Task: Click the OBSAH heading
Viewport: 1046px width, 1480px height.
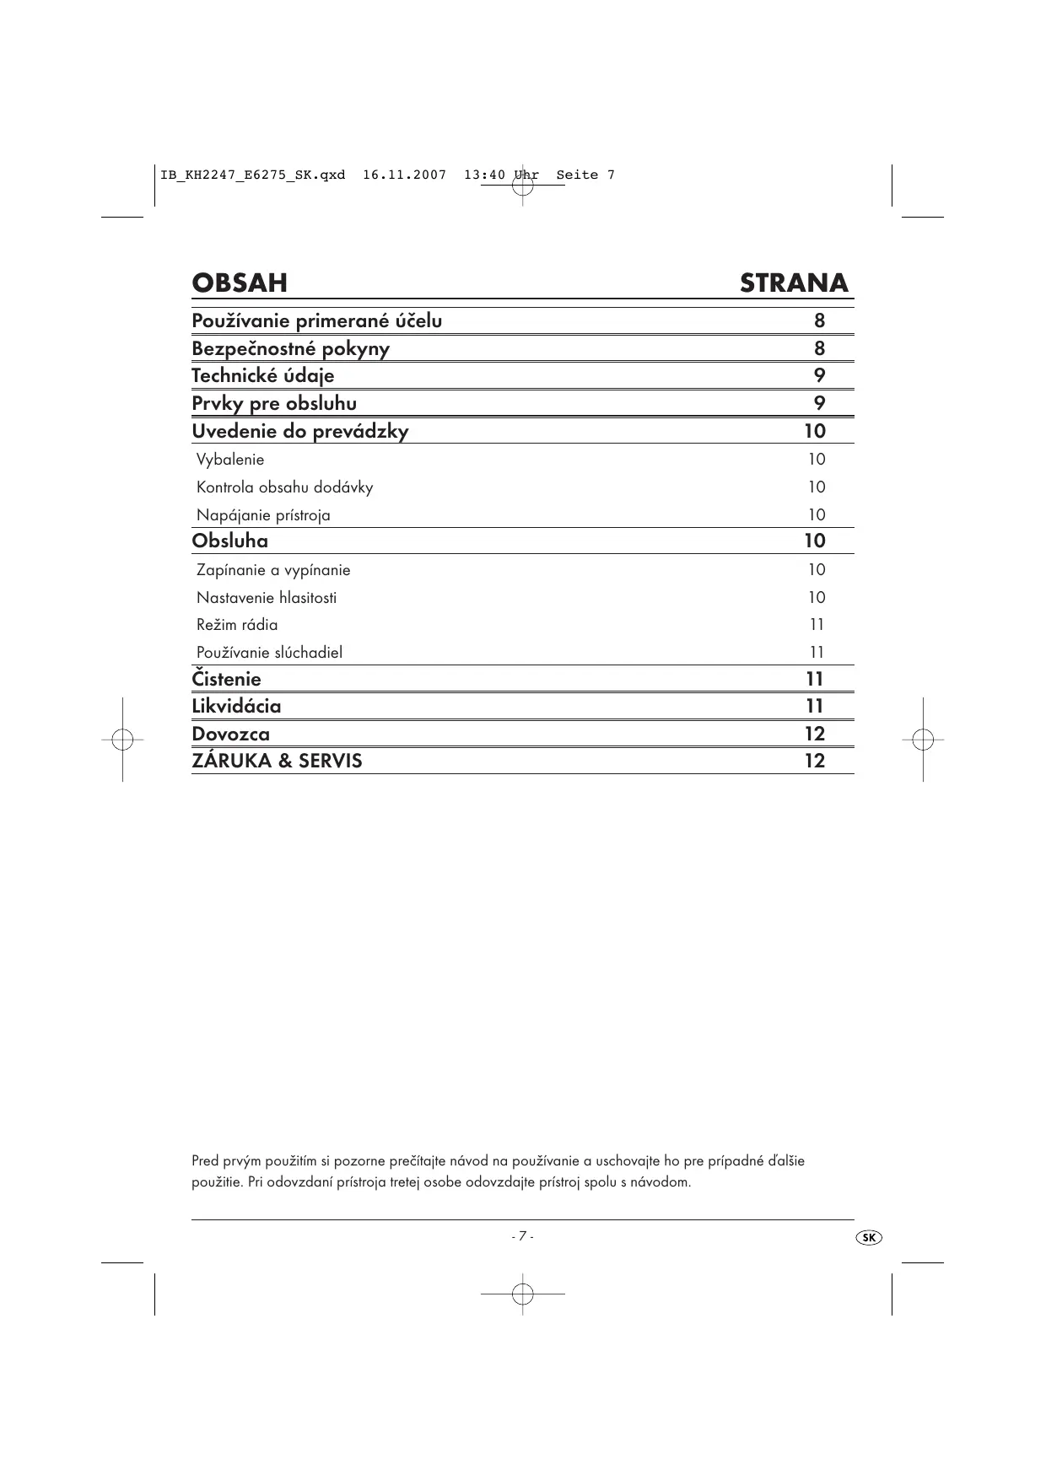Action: (240, 283)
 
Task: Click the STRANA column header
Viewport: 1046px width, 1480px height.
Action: (794, 283)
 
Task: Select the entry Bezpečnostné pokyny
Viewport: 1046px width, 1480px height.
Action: (290, 348)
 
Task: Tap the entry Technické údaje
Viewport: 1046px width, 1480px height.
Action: (262, 375)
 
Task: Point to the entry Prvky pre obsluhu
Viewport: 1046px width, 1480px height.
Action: (274, 403)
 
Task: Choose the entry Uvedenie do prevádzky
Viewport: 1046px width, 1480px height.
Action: (299, 431)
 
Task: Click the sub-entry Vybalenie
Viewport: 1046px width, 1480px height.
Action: (230, 460)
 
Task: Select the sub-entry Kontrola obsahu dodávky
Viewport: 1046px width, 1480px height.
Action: (284, 487)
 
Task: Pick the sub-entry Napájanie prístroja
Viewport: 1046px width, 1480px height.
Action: (263, 515)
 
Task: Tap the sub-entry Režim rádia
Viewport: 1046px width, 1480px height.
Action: (237, 625)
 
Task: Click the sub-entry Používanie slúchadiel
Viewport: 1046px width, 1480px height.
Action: (269, 653)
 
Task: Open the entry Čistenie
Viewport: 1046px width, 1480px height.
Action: (226, 679)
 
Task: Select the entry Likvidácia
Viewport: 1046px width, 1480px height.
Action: (236, 706)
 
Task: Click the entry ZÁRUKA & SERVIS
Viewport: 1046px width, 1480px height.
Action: (277, 761)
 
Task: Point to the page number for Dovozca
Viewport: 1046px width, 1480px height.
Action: (814, 734)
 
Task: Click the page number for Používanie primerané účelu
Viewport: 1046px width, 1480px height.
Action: (819, 320)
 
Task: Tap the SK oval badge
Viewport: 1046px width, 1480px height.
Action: (868, 1237)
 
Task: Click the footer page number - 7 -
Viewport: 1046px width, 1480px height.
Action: (522, 1236)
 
